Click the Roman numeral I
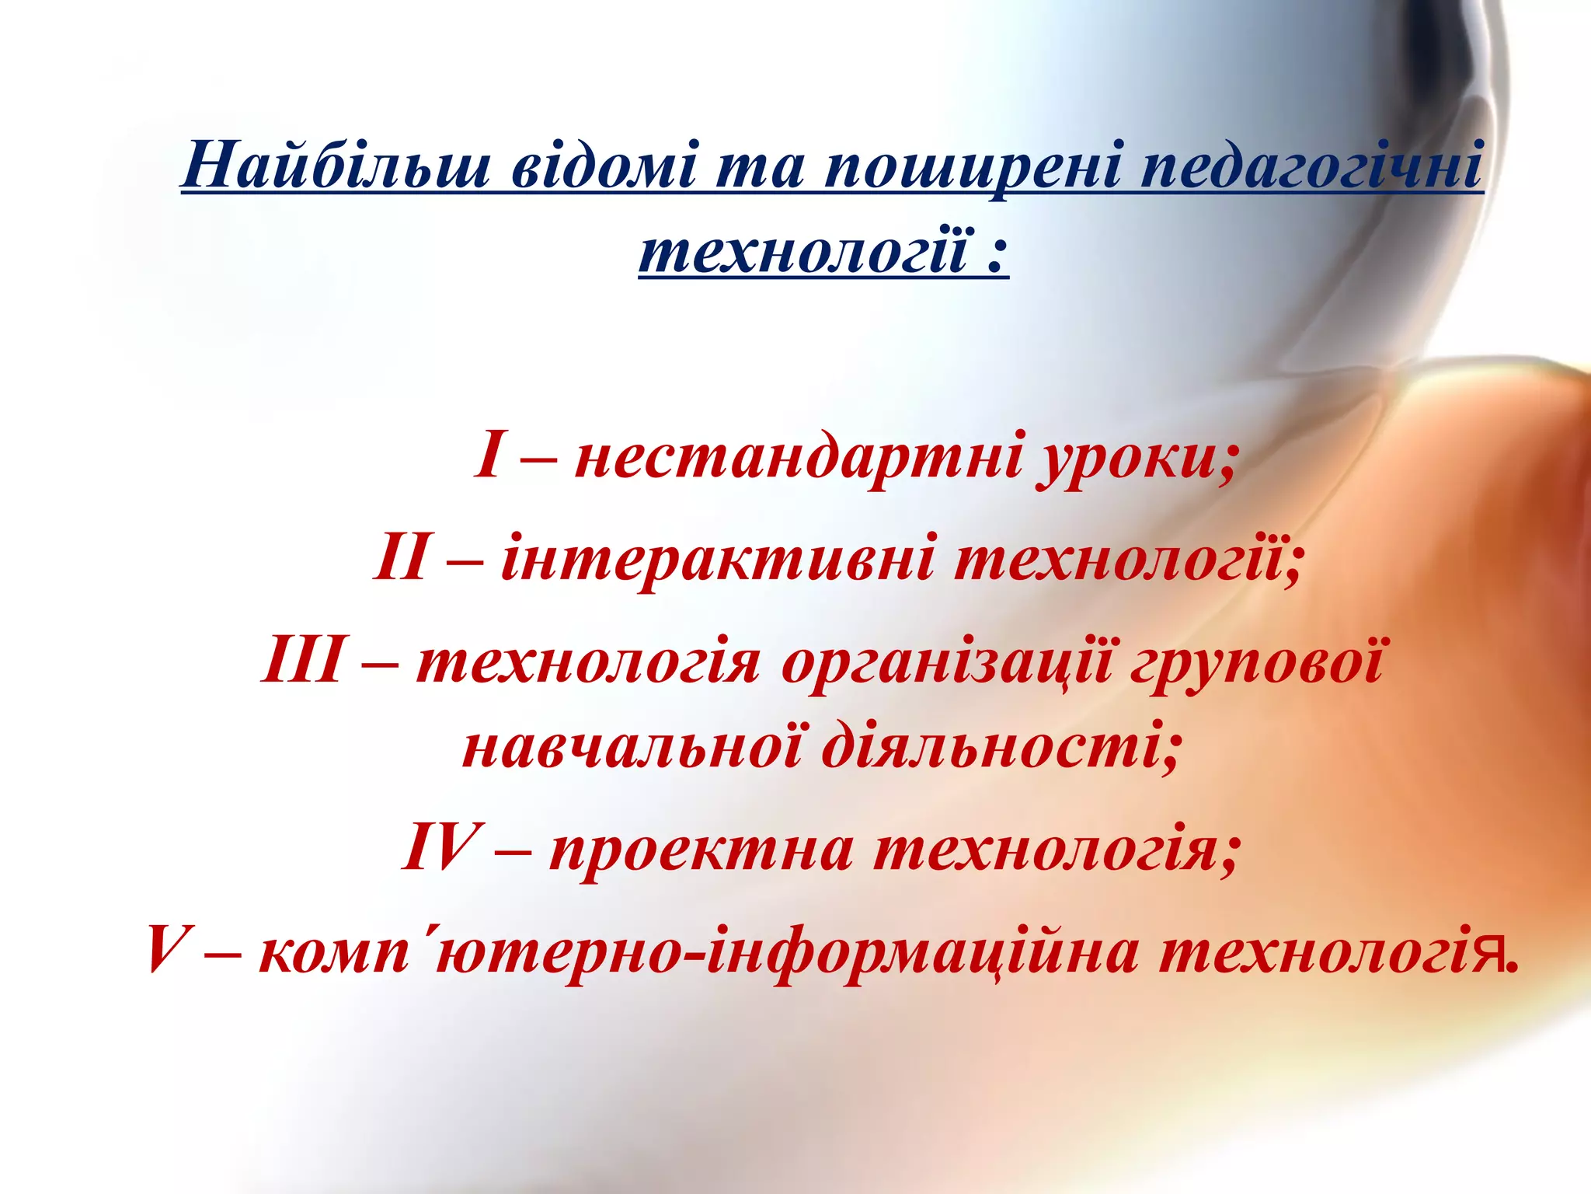(x=489, y=456)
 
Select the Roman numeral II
(x=401, y=558)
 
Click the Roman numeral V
(x=165, y=950)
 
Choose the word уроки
(x=1130, y=459)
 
